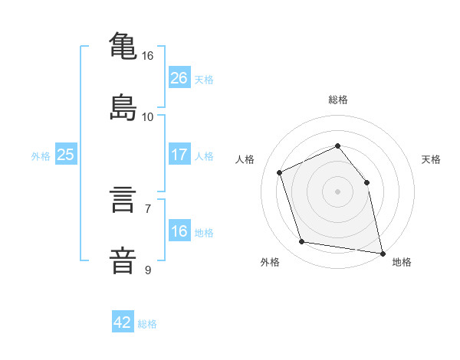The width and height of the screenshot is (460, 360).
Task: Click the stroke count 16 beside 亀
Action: coord(148,56)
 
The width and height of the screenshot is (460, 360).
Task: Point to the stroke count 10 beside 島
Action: coord(148,117)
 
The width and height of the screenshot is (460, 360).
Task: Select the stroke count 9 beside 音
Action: coord(148,270)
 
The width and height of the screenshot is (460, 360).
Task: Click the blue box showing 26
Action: coord(179,77)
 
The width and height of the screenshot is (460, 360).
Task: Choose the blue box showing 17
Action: coord(179,155)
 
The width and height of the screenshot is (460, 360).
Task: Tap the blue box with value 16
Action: coord(179,231)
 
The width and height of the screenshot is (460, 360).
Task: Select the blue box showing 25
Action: coord(65,155)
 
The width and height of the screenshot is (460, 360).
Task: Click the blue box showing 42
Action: coord(123,322)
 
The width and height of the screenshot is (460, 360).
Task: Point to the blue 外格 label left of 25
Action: coord(41,155)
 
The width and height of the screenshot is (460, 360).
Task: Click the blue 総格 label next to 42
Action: coord(147,323)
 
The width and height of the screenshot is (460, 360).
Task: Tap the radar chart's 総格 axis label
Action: coord(337,100)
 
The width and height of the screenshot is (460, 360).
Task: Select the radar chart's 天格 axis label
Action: coord(432,159)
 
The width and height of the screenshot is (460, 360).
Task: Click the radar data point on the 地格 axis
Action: coord(382,252)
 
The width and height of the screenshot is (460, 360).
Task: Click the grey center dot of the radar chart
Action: coord(337,191)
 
